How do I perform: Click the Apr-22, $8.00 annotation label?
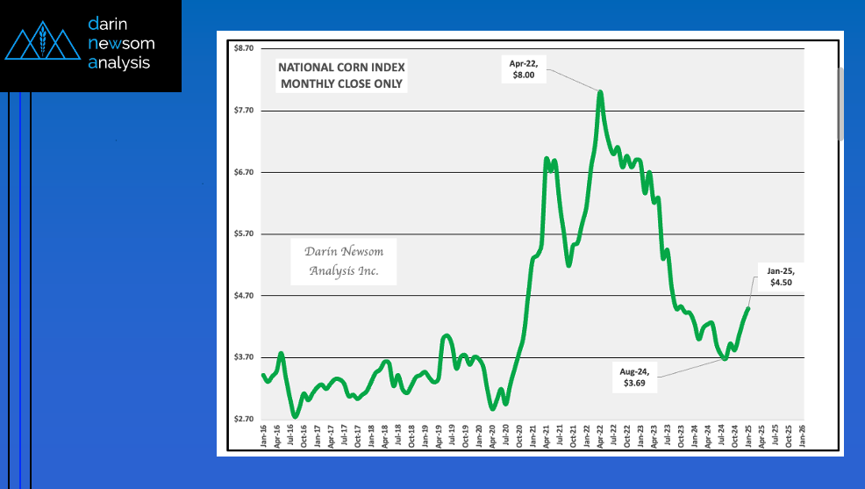527,69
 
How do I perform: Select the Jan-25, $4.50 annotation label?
780,277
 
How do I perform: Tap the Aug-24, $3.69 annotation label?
634,378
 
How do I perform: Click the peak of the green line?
600,91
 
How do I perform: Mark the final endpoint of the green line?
748,308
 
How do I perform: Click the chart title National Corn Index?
340,76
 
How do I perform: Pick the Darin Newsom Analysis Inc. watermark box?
343,262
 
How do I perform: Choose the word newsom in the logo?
118,44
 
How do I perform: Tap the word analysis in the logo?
120,63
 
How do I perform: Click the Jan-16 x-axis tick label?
264,436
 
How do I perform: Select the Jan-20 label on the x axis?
479,436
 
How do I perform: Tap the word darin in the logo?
109,25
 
